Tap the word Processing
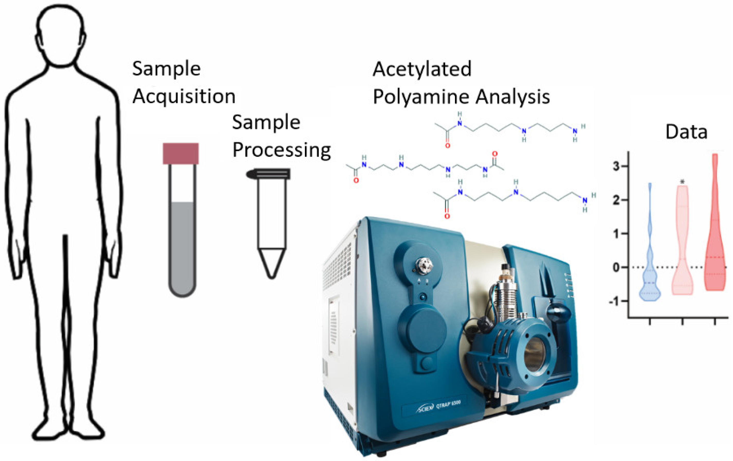pyautogui.click(x=281, y=150)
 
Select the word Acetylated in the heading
pyautogui.click(x=422, y=69)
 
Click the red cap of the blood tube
pyautogui.click(x=181, y=154)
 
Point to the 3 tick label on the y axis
pyautogui.click(x=616, y=166)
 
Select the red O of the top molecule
pyautogui.click(x=447, y=146)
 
